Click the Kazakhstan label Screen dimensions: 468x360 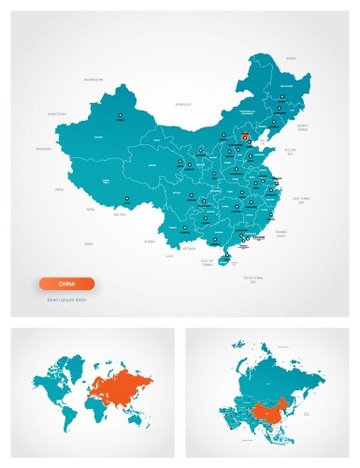pos(93,80)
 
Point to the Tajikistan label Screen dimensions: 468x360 pos(44,148)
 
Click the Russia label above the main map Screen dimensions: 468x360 pos(291,58)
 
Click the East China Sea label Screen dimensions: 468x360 pos(300,199)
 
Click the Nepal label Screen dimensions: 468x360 pos(91,210)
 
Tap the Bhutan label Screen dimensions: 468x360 pos(120,214)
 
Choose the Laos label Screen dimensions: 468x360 pos(170,256)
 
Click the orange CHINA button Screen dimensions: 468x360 pos(66,284)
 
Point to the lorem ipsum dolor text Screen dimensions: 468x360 pos(66,300)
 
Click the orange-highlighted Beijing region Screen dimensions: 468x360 pos(245,137)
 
